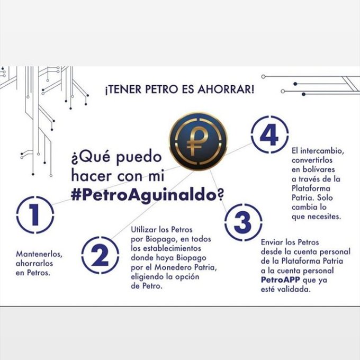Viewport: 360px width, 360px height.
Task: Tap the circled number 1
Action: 35,214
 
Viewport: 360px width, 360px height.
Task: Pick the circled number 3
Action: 242,223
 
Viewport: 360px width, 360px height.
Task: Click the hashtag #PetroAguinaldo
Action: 143,194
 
